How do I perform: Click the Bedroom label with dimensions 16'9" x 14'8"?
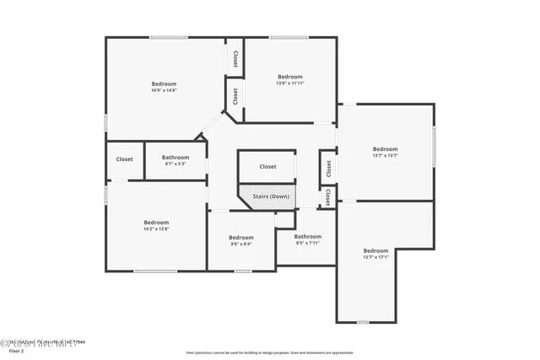(x=165, y=83)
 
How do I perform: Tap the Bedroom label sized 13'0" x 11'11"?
(x=290, y=77)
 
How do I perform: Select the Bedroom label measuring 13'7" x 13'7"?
(x=385, y=149)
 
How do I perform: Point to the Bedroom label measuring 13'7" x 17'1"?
(x=375, y=250)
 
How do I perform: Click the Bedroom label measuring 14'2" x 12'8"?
(x=156, y=223)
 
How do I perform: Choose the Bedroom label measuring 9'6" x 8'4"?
(x=240, y=237)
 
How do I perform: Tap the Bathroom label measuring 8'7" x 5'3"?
(x=175, y=157)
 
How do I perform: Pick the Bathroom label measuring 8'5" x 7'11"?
(x=308, y=237)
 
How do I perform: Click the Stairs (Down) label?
(x=268, y=196)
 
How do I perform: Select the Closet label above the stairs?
(x=267, y=167)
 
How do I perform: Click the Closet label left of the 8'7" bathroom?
(x=124, y=159)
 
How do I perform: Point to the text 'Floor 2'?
(x=16, y=351)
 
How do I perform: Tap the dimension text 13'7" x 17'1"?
(x=375, y=257)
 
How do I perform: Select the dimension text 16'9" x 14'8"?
(x=165, y=90)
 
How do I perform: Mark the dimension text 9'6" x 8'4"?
(x=240, y=244)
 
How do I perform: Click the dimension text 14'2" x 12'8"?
(x=156, y=228)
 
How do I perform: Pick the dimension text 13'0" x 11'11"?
(x=290, y=83)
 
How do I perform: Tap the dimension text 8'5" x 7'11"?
(x=308, y=243)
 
